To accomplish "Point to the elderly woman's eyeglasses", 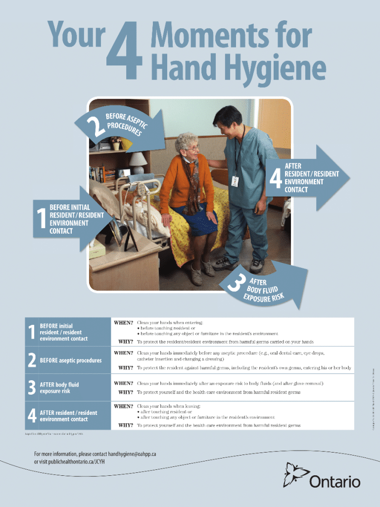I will pos(193,148).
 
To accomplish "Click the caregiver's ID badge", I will pos(235,182).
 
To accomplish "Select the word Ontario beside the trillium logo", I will pos(335,481).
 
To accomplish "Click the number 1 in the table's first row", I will pos(31,332).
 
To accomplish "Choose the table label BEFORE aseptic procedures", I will pos(70,360).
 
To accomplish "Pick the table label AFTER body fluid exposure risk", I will pos(59,388).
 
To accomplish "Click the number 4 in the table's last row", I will pos(32,416).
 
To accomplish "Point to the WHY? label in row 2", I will pos(125,368).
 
